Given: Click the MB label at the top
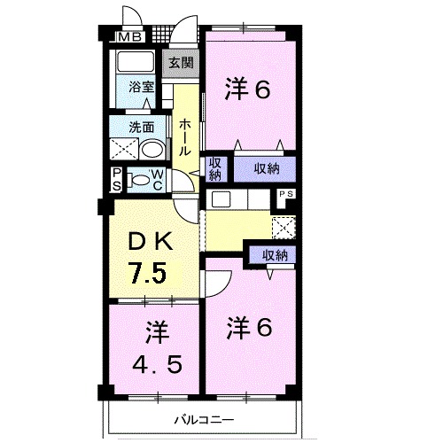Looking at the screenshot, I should pos(129,37).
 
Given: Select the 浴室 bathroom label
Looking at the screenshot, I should pos(141,87).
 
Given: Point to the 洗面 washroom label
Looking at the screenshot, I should pos(139,127).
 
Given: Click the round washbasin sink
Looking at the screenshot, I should pos(152,147).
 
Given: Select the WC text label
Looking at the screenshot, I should pos(155,179).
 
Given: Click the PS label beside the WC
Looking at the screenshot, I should pos(117,179).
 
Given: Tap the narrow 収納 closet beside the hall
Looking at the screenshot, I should pos(215,167).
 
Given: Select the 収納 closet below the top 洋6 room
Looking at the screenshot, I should pos(264,167).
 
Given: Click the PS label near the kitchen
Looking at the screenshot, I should pos(285,194).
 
